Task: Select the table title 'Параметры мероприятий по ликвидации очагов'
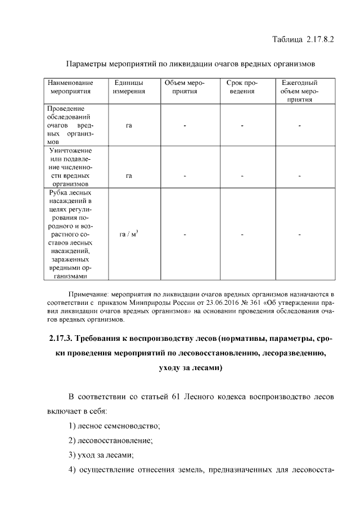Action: tap(190, 64)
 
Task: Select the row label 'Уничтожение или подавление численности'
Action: tap(70, 167)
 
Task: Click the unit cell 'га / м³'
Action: tap(129, 234)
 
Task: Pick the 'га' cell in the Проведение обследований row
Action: tap(129, 125)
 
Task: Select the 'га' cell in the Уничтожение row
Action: tap(129, 175)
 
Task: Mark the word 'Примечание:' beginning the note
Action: tap(89, 294)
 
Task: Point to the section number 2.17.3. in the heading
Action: tap(58, 339)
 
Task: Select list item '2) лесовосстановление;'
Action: tap(110, 440)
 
